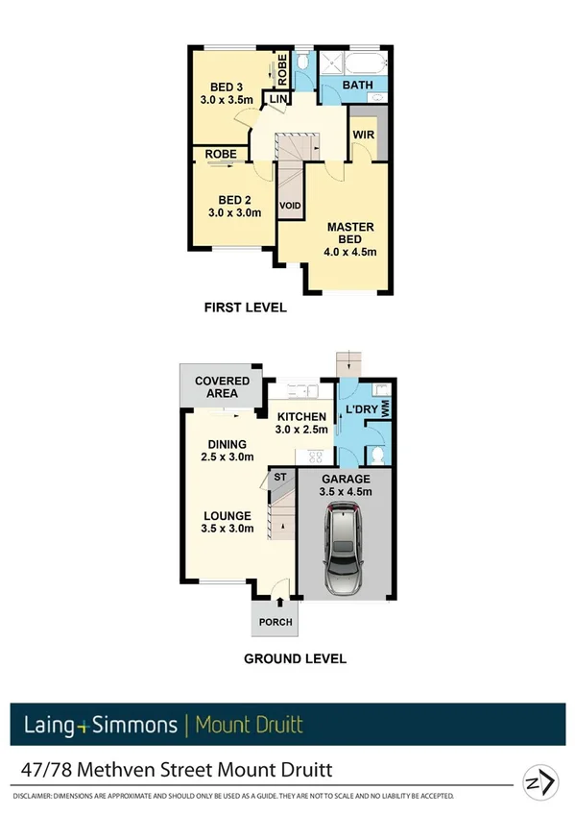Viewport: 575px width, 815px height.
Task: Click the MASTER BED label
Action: (350, 227)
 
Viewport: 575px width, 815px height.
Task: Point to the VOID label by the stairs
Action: (289, 207)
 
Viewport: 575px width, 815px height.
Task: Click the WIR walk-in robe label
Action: (363, 135)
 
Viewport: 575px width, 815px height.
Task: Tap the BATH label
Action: (357, 86)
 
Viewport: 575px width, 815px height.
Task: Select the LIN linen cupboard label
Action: (278, 100)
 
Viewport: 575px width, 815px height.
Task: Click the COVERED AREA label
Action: (222, 381)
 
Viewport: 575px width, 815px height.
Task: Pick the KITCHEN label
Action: (299, 416)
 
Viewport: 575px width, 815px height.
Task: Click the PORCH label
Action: (274, 622)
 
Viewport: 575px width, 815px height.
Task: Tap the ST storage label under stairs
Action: (280, 477)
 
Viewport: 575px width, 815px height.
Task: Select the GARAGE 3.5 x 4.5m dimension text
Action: (345, 492)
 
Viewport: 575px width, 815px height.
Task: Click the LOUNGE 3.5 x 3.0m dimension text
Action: (227, 528)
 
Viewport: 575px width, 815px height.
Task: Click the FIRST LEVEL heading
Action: (245, 309)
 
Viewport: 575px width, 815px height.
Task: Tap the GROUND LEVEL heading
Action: (295, 659)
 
